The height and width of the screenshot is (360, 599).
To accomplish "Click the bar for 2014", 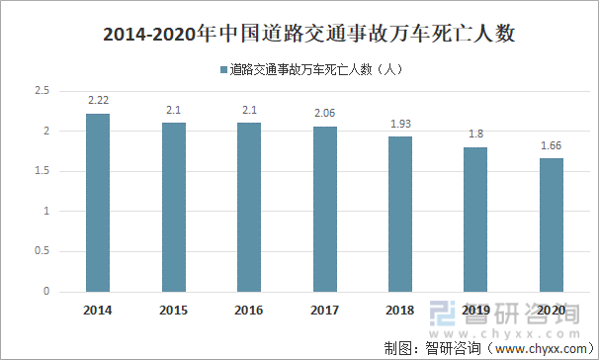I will [x=98, y=203].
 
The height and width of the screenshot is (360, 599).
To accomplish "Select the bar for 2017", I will [x=325, y=209].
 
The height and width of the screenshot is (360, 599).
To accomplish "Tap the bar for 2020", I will [x=553, y=225].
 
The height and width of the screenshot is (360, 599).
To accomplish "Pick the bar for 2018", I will [x=400, y=215].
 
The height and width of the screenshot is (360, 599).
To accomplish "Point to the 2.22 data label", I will [x=98, y=101].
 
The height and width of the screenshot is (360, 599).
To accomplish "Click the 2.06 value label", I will [x=325, y=115].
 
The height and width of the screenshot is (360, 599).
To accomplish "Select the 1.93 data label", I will [x=400, y=126].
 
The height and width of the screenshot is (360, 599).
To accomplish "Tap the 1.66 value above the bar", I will [x=553, y=146].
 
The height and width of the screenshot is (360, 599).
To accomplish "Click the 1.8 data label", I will [x=476, y=135].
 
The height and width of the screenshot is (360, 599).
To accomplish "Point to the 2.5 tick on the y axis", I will [x=42, y=91].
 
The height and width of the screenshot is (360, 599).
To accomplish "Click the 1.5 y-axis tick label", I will [x=42, y=171].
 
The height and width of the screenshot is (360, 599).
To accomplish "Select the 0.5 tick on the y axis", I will [x=42, y=252].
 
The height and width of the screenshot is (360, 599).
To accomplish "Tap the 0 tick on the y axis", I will [x=46, y=292].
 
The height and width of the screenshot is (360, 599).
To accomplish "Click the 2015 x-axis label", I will [x=174, y=310].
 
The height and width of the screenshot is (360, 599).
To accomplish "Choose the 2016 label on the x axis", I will [x=249, y=310].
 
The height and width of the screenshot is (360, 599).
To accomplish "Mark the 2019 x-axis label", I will [x=476, y=310].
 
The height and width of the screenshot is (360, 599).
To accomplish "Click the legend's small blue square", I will [x=223, y=70].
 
